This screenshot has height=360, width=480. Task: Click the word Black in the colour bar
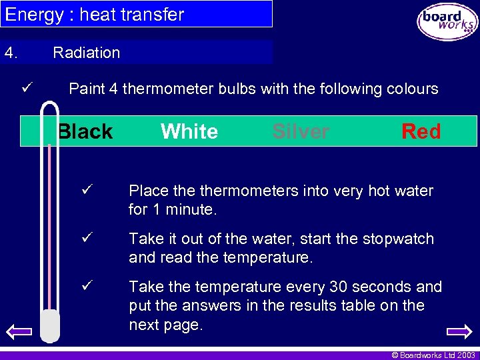(85, 131)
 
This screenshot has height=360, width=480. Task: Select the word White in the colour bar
(189, 131)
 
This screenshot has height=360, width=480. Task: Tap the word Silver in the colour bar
(301, 131)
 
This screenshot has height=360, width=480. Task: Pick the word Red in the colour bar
(421, 131)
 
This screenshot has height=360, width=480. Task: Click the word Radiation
(87, 53)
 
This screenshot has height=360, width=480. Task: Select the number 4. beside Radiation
(11, 53)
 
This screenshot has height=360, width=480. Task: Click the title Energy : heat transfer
(95, 14)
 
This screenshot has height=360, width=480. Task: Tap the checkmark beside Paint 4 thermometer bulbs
(27, 87)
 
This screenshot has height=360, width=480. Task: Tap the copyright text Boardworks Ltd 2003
(434, 355)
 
